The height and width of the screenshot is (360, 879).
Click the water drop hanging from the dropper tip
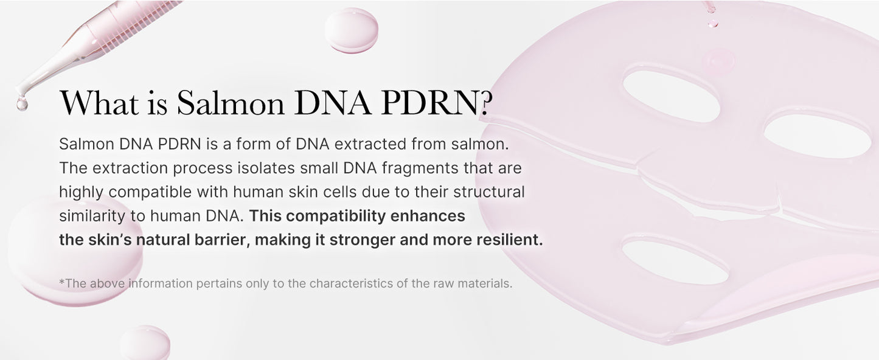pyautogui.click(x=22, y=103)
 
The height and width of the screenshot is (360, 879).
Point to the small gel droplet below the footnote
pyautogui.click(x=145, y=343)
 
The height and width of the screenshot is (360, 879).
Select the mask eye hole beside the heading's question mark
pyautogui.click(x=670, y=95)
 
